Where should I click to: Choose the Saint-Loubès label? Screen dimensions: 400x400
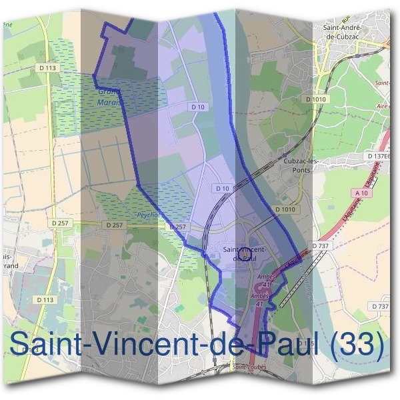click(x=247, y=367)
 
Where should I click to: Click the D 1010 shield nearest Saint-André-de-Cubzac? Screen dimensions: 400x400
click(x=317, y=99)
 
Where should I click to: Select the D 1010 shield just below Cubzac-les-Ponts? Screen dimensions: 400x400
click(x=284, y=209)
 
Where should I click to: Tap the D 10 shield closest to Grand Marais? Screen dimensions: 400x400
click(x=197, y=107)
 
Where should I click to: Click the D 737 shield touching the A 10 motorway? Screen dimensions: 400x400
click(x=321, y=246)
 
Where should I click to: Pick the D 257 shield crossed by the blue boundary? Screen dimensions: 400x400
click(x=178, y=227)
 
